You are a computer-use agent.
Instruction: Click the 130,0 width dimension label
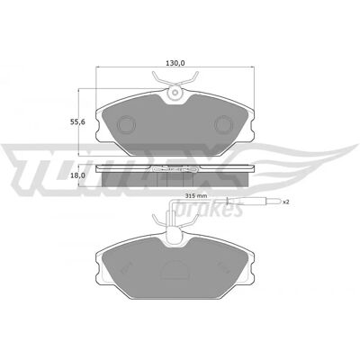pos(175,63)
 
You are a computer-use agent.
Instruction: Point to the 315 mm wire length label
pos(193,196)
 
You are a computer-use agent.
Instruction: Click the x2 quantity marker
pos(286,202)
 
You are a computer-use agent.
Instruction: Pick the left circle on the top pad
pos(126,124)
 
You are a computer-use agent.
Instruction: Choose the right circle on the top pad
pos(224,124)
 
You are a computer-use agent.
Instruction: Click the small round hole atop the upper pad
pos(175,93)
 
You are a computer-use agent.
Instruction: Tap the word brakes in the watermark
pos(209,210)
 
